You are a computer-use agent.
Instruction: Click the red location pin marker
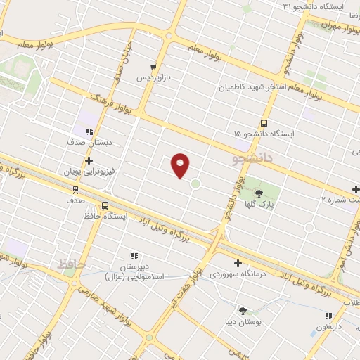[181, 165]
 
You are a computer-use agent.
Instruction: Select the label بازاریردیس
[154, 76]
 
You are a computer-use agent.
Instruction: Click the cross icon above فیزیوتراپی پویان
[88, 160]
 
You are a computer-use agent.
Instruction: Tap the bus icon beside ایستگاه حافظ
[105, 206]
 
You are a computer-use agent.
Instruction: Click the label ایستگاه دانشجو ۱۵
[264, 132]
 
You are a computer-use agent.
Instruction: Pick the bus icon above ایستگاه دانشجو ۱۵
[264, 122]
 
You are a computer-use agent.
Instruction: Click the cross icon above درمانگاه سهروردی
[238, 264]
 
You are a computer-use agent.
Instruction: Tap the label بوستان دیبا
[243, 321]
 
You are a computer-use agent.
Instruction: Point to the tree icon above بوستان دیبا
[243, 310]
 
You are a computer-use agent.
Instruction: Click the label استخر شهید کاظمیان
[253, 88]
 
